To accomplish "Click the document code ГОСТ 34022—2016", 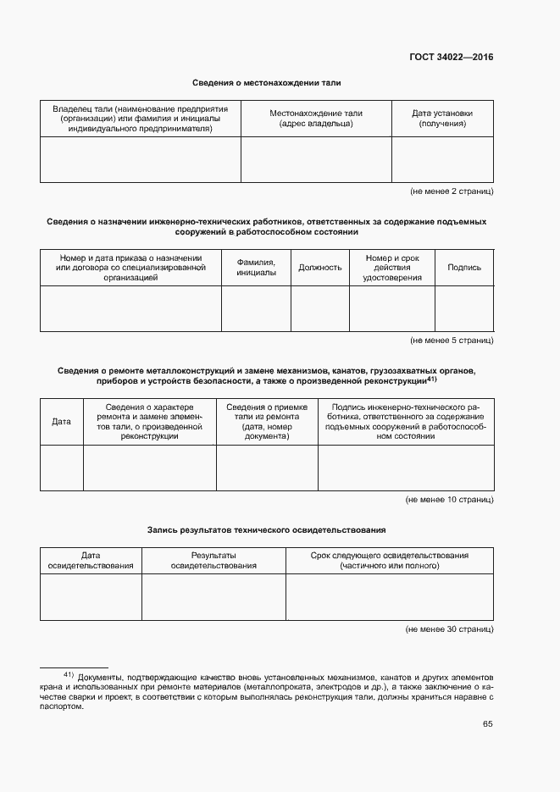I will point(451,58).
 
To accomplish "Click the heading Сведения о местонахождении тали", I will point(266,83).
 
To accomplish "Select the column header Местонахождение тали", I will point(316,119).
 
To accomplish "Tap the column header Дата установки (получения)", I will point(442,119).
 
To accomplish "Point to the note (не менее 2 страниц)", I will point(452,191).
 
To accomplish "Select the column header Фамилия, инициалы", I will point(256,268).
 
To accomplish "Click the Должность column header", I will point(320,268).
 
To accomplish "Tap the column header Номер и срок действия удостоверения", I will point(392,268).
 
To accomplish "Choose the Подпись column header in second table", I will point(464,268).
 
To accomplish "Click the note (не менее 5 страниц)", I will point(452,340).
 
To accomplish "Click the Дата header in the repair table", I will point(62,421).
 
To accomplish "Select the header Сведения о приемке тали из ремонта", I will point(267,421).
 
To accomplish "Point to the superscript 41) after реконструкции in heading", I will point(431,379).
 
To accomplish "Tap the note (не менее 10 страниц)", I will point(449,500).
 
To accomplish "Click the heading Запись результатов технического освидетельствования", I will point(266,529).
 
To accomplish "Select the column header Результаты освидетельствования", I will point(213,560).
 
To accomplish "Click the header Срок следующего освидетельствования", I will point(390,560).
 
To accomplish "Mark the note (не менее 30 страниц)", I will point(449,629).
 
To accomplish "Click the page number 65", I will point(488,724).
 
